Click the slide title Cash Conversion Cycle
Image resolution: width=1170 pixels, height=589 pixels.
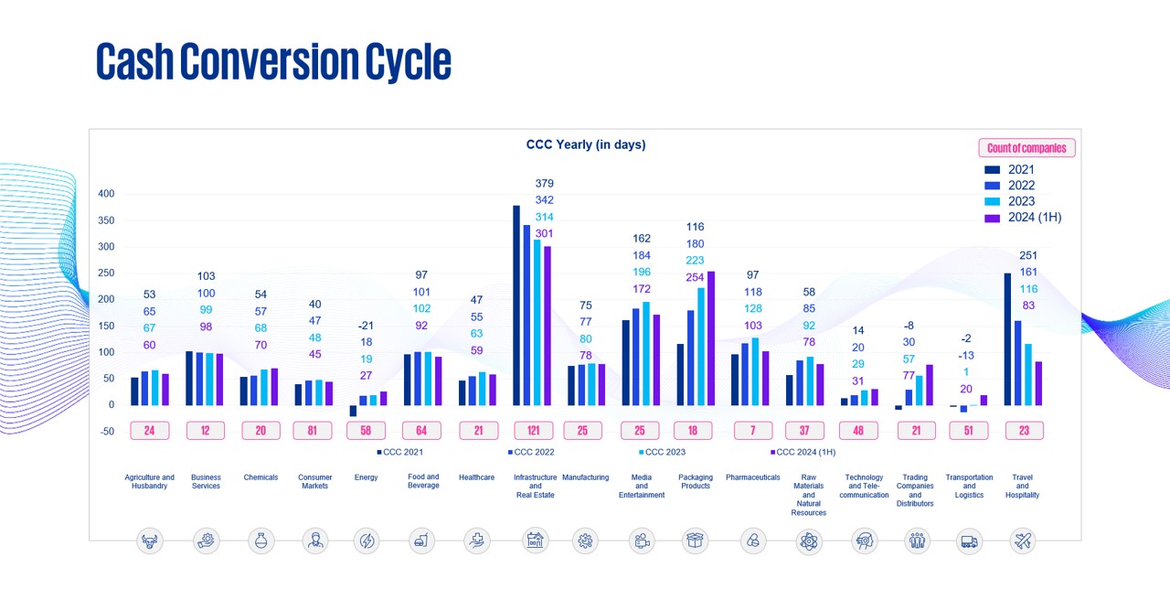click(273, 62)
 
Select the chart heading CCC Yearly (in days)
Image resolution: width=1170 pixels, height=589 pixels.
click(586, 145)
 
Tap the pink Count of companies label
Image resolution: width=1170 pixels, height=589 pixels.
click(1026, 148)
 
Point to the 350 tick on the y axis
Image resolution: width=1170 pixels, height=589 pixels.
click(106, 220)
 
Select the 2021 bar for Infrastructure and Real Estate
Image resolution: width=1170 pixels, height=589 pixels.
click(516, 305)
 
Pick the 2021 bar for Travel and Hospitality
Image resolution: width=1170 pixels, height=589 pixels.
click(1007, 338)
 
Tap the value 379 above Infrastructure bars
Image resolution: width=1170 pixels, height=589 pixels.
click(544, 184)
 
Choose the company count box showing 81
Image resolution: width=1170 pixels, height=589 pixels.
click(312, 430)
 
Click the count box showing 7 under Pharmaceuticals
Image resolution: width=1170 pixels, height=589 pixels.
click(753, 430)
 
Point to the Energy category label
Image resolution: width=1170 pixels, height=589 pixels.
click(366, 477)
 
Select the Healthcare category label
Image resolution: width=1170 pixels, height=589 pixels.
click(476, 477)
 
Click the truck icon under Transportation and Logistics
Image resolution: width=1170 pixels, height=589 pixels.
click(969, 541)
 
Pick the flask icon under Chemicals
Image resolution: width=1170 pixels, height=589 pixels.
click(261, 541)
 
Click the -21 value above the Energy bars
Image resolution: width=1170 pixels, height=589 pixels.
click(366, 326)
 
